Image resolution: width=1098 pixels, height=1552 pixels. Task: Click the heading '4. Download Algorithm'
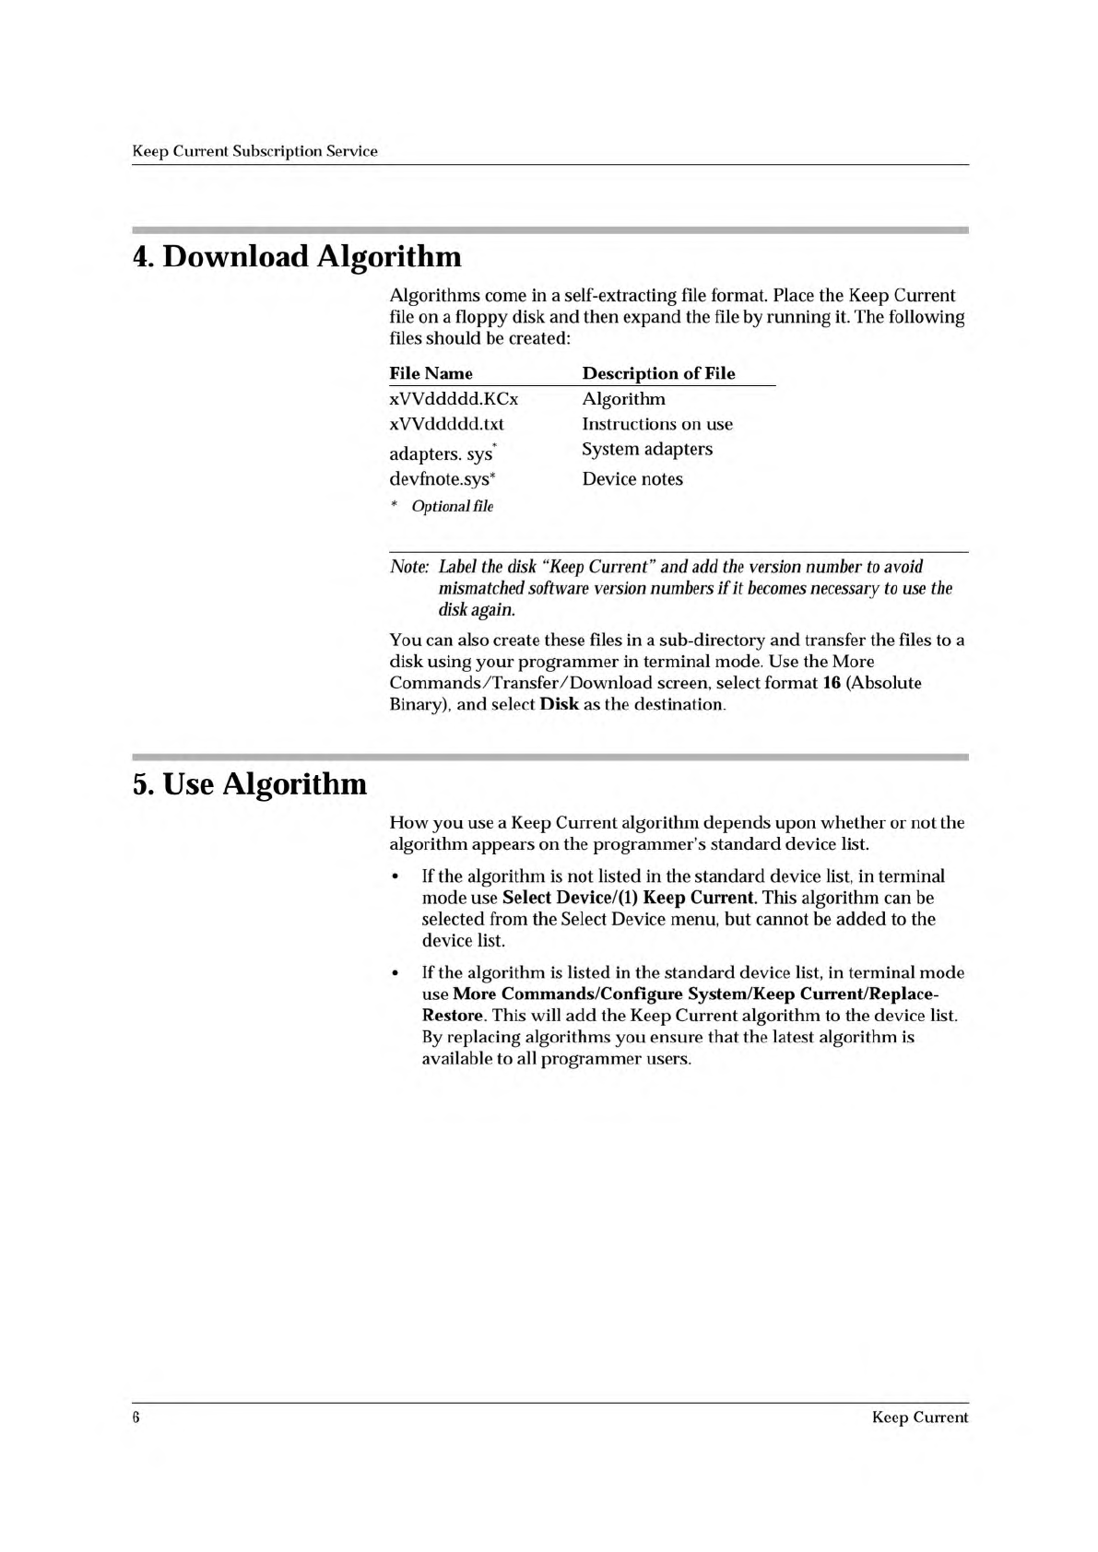pyautogui.click(x=297, y=256)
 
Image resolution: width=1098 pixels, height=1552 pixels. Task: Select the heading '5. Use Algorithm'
pyautogui.click(x=250, y=783)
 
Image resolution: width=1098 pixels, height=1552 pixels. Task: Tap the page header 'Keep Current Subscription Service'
pyautogui.click(x=255, y=151)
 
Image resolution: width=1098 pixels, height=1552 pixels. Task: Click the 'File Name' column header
pyautogui.click(x=431, y=373)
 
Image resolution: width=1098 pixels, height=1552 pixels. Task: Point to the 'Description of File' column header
pyautogui.click(x=658, y=373)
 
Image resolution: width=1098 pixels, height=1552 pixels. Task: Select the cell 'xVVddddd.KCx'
pyautogui.click(x=454, y=399)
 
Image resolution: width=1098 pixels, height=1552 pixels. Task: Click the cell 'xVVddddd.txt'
pyautogui.click(x=446, y=424)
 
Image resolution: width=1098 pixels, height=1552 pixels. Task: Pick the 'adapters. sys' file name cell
pyautogui.click(x=442, y=453)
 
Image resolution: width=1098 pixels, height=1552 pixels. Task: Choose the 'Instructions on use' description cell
pyautogui.click(x=657, y=424)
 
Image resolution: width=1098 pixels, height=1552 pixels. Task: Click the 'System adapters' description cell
pyautogui.click(x=647, y=449)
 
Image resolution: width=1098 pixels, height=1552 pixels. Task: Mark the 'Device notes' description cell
pyautogui.click(x=632, y=479)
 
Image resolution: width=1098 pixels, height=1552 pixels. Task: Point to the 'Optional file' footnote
pyautogui.click(x=452, y=506)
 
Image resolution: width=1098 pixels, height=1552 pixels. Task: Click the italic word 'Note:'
pyautogui.click(x=409, y=567)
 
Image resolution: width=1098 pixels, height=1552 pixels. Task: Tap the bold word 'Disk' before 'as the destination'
pyautogui.click(x=559, y=705)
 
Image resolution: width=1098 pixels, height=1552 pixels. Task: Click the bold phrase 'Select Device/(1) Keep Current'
pyautogui.click(x=630, y=898)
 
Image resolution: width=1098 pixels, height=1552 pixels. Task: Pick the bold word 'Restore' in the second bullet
pyautogui.click(x=453, y=1016)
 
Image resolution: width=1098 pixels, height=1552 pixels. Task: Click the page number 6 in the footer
pyautogui.click(x=136, y=1417)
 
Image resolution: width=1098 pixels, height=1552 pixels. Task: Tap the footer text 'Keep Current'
pyautogui.click(x=919, y=1417)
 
